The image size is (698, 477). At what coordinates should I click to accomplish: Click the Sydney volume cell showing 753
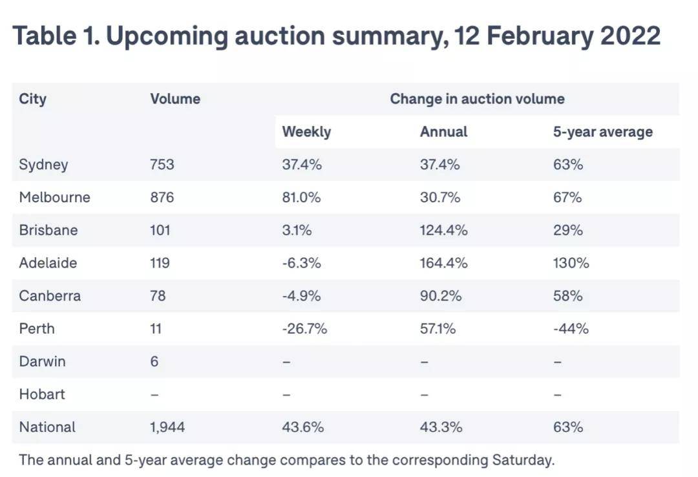162,165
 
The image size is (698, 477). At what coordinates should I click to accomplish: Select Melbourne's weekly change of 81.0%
301,197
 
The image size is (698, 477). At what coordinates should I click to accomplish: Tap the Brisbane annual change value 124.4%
443,230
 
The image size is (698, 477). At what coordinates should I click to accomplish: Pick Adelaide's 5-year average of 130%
571,263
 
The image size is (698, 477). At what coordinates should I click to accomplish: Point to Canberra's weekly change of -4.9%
301,296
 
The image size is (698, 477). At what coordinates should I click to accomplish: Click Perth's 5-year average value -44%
571,329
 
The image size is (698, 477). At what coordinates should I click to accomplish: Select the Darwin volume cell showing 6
154,361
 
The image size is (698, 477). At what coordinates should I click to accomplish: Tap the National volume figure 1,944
167,427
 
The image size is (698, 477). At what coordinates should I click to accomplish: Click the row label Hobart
42,394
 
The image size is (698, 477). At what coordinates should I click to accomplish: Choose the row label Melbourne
54,197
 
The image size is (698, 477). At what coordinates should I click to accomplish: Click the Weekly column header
306,132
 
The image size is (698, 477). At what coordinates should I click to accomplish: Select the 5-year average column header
602,132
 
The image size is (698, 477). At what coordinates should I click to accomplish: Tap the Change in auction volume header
477,99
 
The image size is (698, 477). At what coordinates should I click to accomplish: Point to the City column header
32,99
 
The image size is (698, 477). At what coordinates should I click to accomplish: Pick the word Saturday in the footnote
522,460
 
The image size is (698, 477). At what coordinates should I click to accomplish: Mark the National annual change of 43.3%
440,427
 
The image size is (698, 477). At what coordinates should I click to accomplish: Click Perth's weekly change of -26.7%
304,329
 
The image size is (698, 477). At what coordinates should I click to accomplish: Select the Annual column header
443,132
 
